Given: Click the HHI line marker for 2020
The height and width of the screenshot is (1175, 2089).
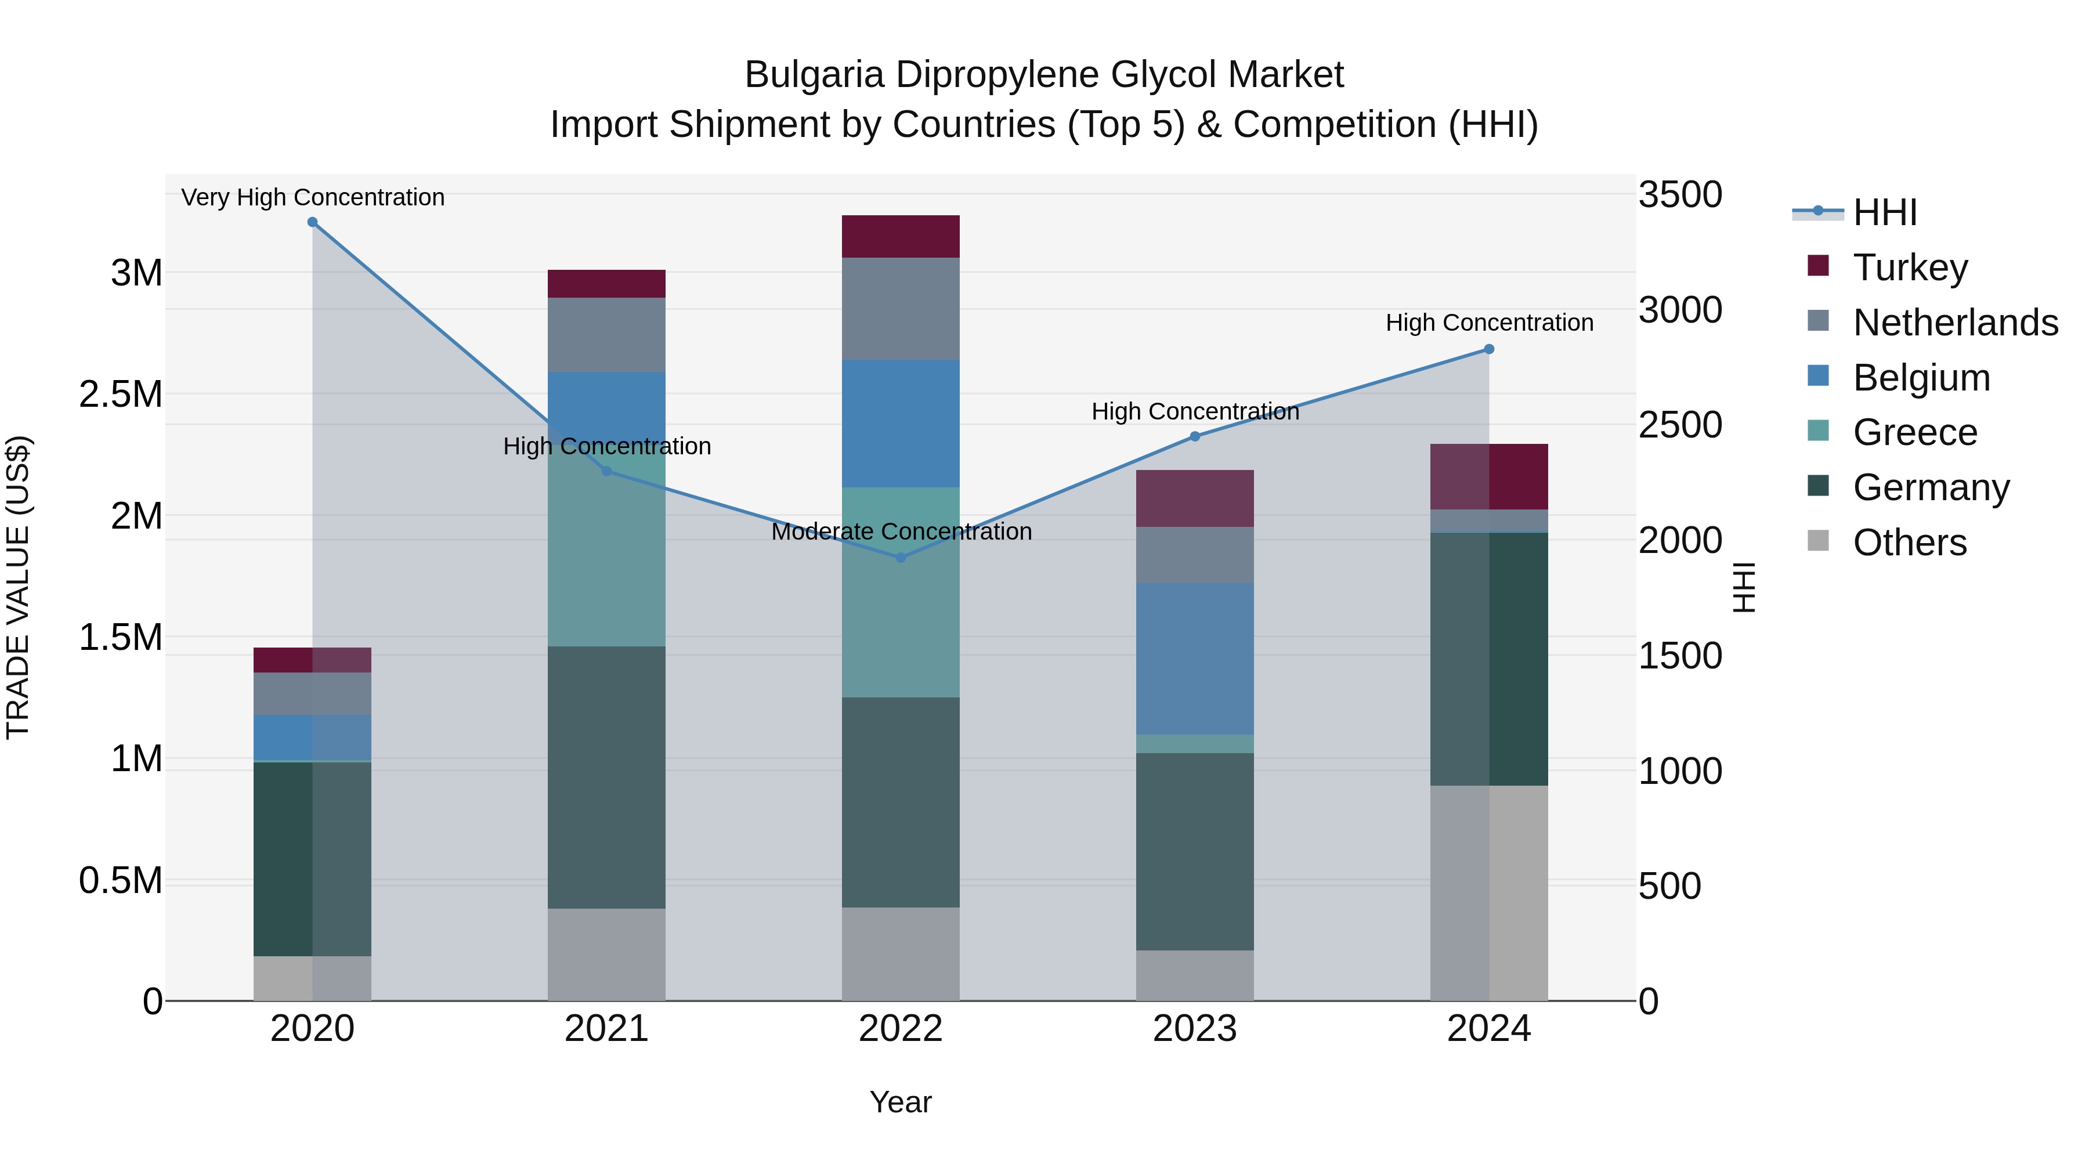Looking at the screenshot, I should tap(312, 222).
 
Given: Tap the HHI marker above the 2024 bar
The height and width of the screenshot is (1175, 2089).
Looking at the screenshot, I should tap(1489, 349).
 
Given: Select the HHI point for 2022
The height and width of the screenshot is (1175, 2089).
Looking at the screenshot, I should tap(900, 558).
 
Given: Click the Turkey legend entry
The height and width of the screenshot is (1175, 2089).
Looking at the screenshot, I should tap(1910, 267).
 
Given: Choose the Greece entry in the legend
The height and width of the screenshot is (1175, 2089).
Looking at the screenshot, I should tap(1915, 432).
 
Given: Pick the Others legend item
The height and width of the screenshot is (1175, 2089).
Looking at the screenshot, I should tap(1909, 543).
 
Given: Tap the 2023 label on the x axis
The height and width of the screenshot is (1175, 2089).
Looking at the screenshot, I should tap(1195, 1029).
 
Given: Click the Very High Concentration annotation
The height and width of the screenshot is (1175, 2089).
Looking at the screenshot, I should tap(313, 197).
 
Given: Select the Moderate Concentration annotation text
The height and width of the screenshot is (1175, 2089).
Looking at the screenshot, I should tap(901, 532).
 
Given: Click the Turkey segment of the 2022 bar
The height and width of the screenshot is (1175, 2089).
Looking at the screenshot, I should tap(900, 237).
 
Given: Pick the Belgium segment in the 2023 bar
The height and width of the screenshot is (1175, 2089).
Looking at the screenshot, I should tap(1195, 659).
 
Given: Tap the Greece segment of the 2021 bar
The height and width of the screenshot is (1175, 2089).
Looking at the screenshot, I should tap(606, 559).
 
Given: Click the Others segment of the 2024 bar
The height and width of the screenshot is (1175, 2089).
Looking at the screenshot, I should tap(1489, 892).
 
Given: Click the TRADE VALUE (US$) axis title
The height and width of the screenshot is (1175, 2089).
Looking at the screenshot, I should tap(18, 587).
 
